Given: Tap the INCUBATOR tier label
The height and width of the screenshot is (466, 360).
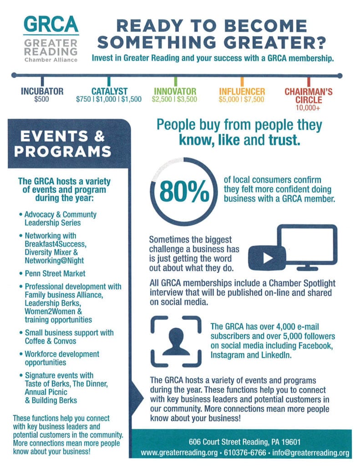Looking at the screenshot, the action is pos(42,91).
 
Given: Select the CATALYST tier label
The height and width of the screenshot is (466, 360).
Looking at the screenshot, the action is pos(109,91).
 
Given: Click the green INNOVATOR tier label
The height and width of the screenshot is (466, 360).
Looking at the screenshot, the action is pos(175,91).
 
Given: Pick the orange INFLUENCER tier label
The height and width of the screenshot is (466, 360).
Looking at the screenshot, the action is pos(242,91).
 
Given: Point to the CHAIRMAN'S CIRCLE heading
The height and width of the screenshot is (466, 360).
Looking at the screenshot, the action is pos(309,96).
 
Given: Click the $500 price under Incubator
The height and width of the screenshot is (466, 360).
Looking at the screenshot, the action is pos(41,99).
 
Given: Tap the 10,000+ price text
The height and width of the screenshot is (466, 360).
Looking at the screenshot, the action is pos(308,108).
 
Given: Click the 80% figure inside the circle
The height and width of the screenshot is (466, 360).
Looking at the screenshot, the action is pos(184,192).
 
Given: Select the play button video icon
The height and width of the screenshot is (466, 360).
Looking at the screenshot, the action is pos(267,258).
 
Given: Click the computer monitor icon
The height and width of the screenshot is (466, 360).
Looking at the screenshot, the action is pos(307,247).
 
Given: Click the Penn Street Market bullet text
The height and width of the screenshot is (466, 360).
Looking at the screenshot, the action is pos(55,274).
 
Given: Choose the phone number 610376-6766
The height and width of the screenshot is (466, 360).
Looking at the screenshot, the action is pos(245,453).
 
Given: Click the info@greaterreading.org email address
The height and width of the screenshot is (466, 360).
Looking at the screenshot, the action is pos(311,453).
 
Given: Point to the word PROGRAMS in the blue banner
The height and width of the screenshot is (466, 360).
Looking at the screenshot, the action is pos(63,152).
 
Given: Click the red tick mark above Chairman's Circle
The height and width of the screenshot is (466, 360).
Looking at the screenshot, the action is pos(309,82).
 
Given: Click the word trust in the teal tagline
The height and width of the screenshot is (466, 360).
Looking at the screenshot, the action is pos(284,140).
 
